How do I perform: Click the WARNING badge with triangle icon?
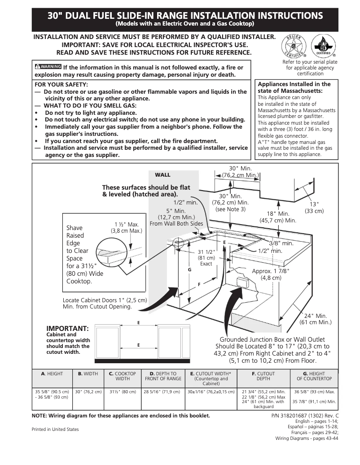pyautogui.click(x=48, y=67)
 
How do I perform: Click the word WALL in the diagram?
pyautogui.click(x=162, y=175)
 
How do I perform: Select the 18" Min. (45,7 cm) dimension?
pyautogui.click(x=278, y=217)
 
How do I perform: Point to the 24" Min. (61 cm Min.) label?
pyautogui.click(x=316, y=319)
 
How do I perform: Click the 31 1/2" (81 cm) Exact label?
pyautogui.click(x=206, y=257)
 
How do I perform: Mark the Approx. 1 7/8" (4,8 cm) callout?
pyautogui.click(x=271, y=274)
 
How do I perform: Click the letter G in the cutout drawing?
pyautogui.click(x=189, y=269)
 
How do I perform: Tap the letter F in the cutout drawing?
pyautogui.click(x=199, y=285)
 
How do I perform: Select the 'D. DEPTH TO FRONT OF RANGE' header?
pyautogui.click(x=163, y=376)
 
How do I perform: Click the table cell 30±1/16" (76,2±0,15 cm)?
pyautogui.click(x=211, y=391)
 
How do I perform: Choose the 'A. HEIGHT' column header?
pyautogui.click(x=52, y=374)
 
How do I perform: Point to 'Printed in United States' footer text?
pyautogui.click(x=55, y=429)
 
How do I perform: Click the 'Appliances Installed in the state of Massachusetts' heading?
pyautogui.click(x=294, y=87)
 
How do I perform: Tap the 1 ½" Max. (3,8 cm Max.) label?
pyautogui.click(x=126, y=228)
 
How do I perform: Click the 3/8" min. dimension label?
pyautogui.click(x=281, y=243)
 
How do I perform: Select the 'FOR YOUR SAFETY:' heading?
pyautogui.click(x=61, y=84)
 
